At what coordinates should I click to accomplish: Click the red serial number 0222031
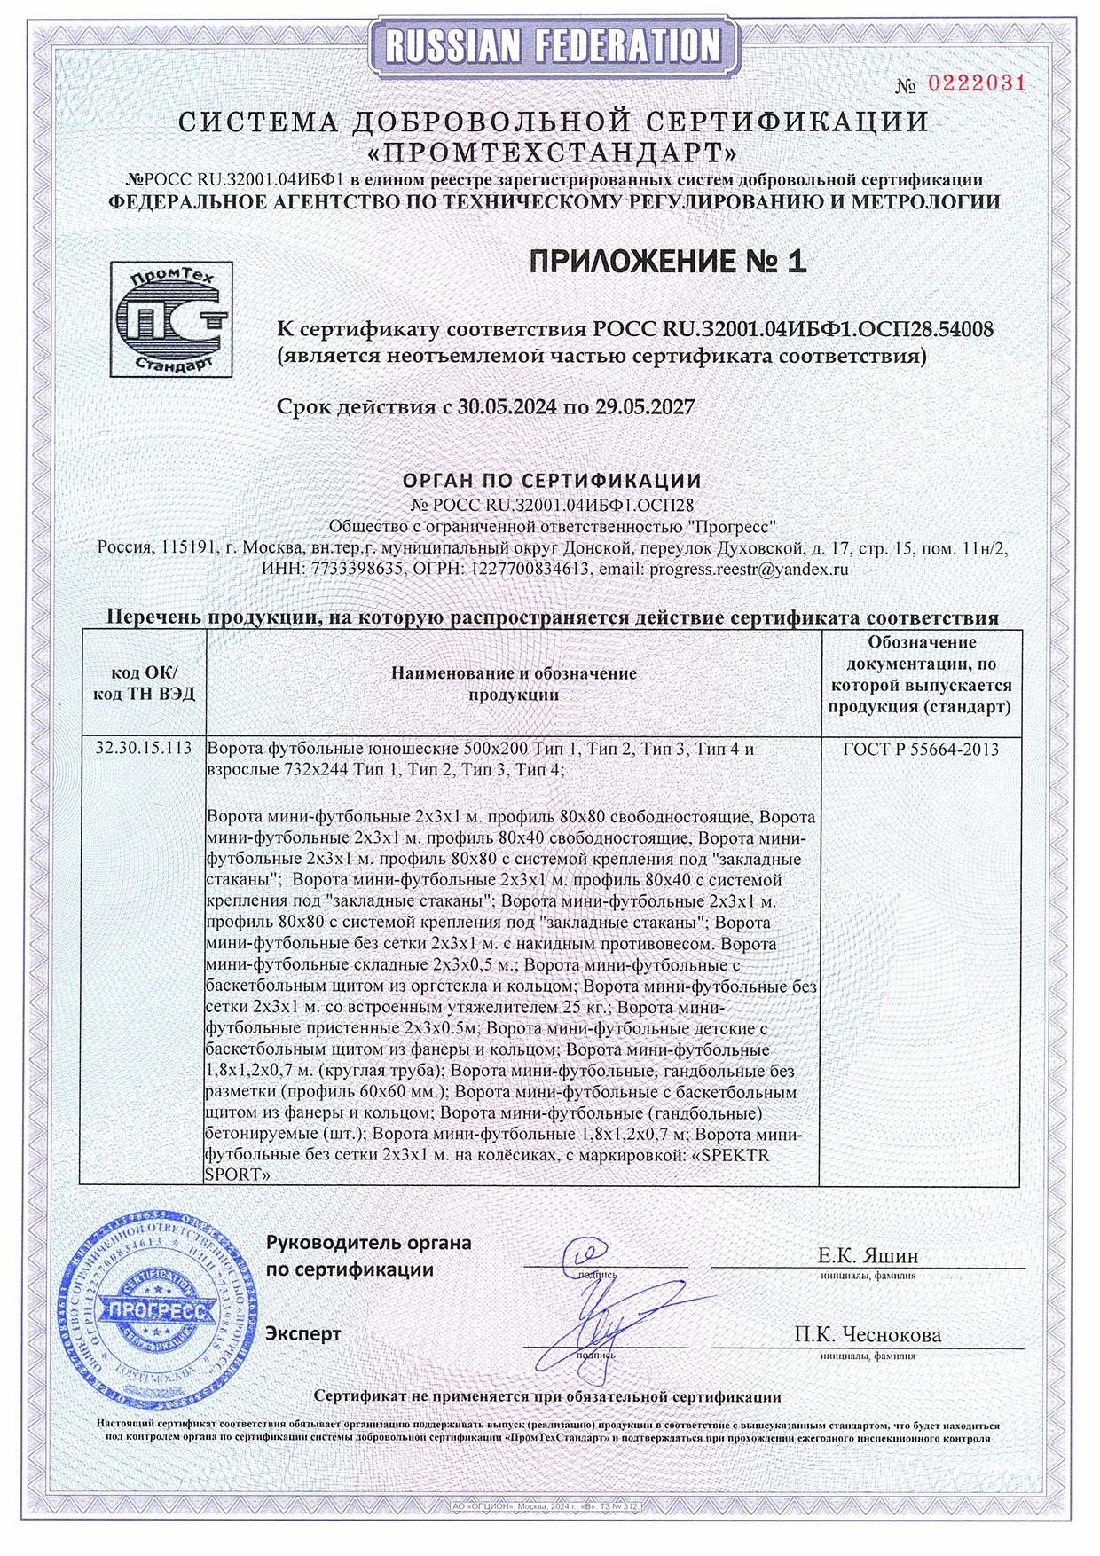[976, 83]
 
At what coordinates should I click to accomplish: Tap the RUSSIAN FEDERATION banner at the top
[551, 45]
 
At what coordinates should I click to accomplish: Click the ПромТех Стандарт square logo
[171, 318]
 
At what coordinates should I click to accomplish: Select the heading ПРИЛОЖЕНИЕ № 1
[667, 261]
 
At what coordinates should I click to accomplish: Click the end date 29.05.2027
[644, 407]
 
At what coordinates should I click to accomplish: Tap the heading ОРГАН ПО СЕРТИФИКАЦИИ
[552, 481]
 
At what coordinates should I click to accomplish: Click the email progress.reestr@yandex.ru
[749, 570]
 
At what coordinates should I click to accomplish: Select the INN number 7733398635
[357, 570]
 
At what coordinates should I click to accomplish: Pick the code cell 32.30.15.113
[144, 749]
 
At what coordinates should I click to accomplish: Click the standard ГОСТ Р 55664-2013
[921, 750]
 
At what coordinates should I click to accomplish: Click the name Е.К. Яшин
[868, 1255]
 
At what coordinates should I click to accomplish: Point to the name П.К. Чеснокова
[868, 1334]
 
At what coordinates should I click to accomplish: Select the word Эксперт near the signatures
[303, 1333]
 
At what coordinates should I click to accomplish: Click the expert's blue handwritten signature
[612, 1322]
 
